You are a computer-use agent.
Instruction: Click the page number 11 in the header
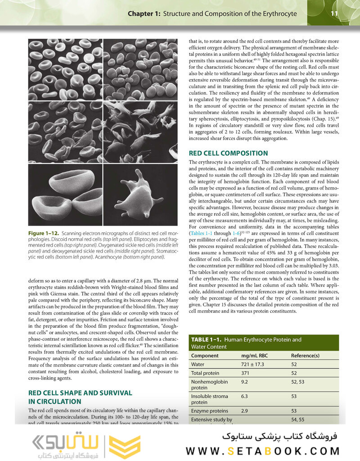[x=334, y=14]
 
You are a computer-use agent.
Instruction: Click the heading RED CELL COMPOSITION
[x=228, y=153]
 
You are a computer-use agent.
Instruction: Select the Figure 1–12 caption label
[x=44, y=233]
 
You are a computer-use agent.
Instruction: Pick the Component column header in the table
[x=205, y=356]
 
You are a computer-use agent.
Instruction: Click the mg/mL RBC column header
[x=255, y=356]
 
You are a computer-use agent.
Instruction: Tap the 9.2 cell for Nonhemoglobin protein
[x=245, y=382]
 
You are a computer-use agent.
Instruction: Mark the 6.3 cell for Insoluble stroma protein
[x=245, y=396]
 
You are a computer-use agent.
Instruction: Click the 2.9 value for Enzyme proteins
[x=245, y=411]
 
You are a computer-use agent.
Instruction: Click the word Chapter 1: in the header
[x=144, y=14]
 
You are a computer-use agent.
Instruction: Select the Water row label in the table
[x=198, y=364]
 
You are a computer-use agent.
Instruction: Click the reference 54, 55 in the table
[x=299, y=420]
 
